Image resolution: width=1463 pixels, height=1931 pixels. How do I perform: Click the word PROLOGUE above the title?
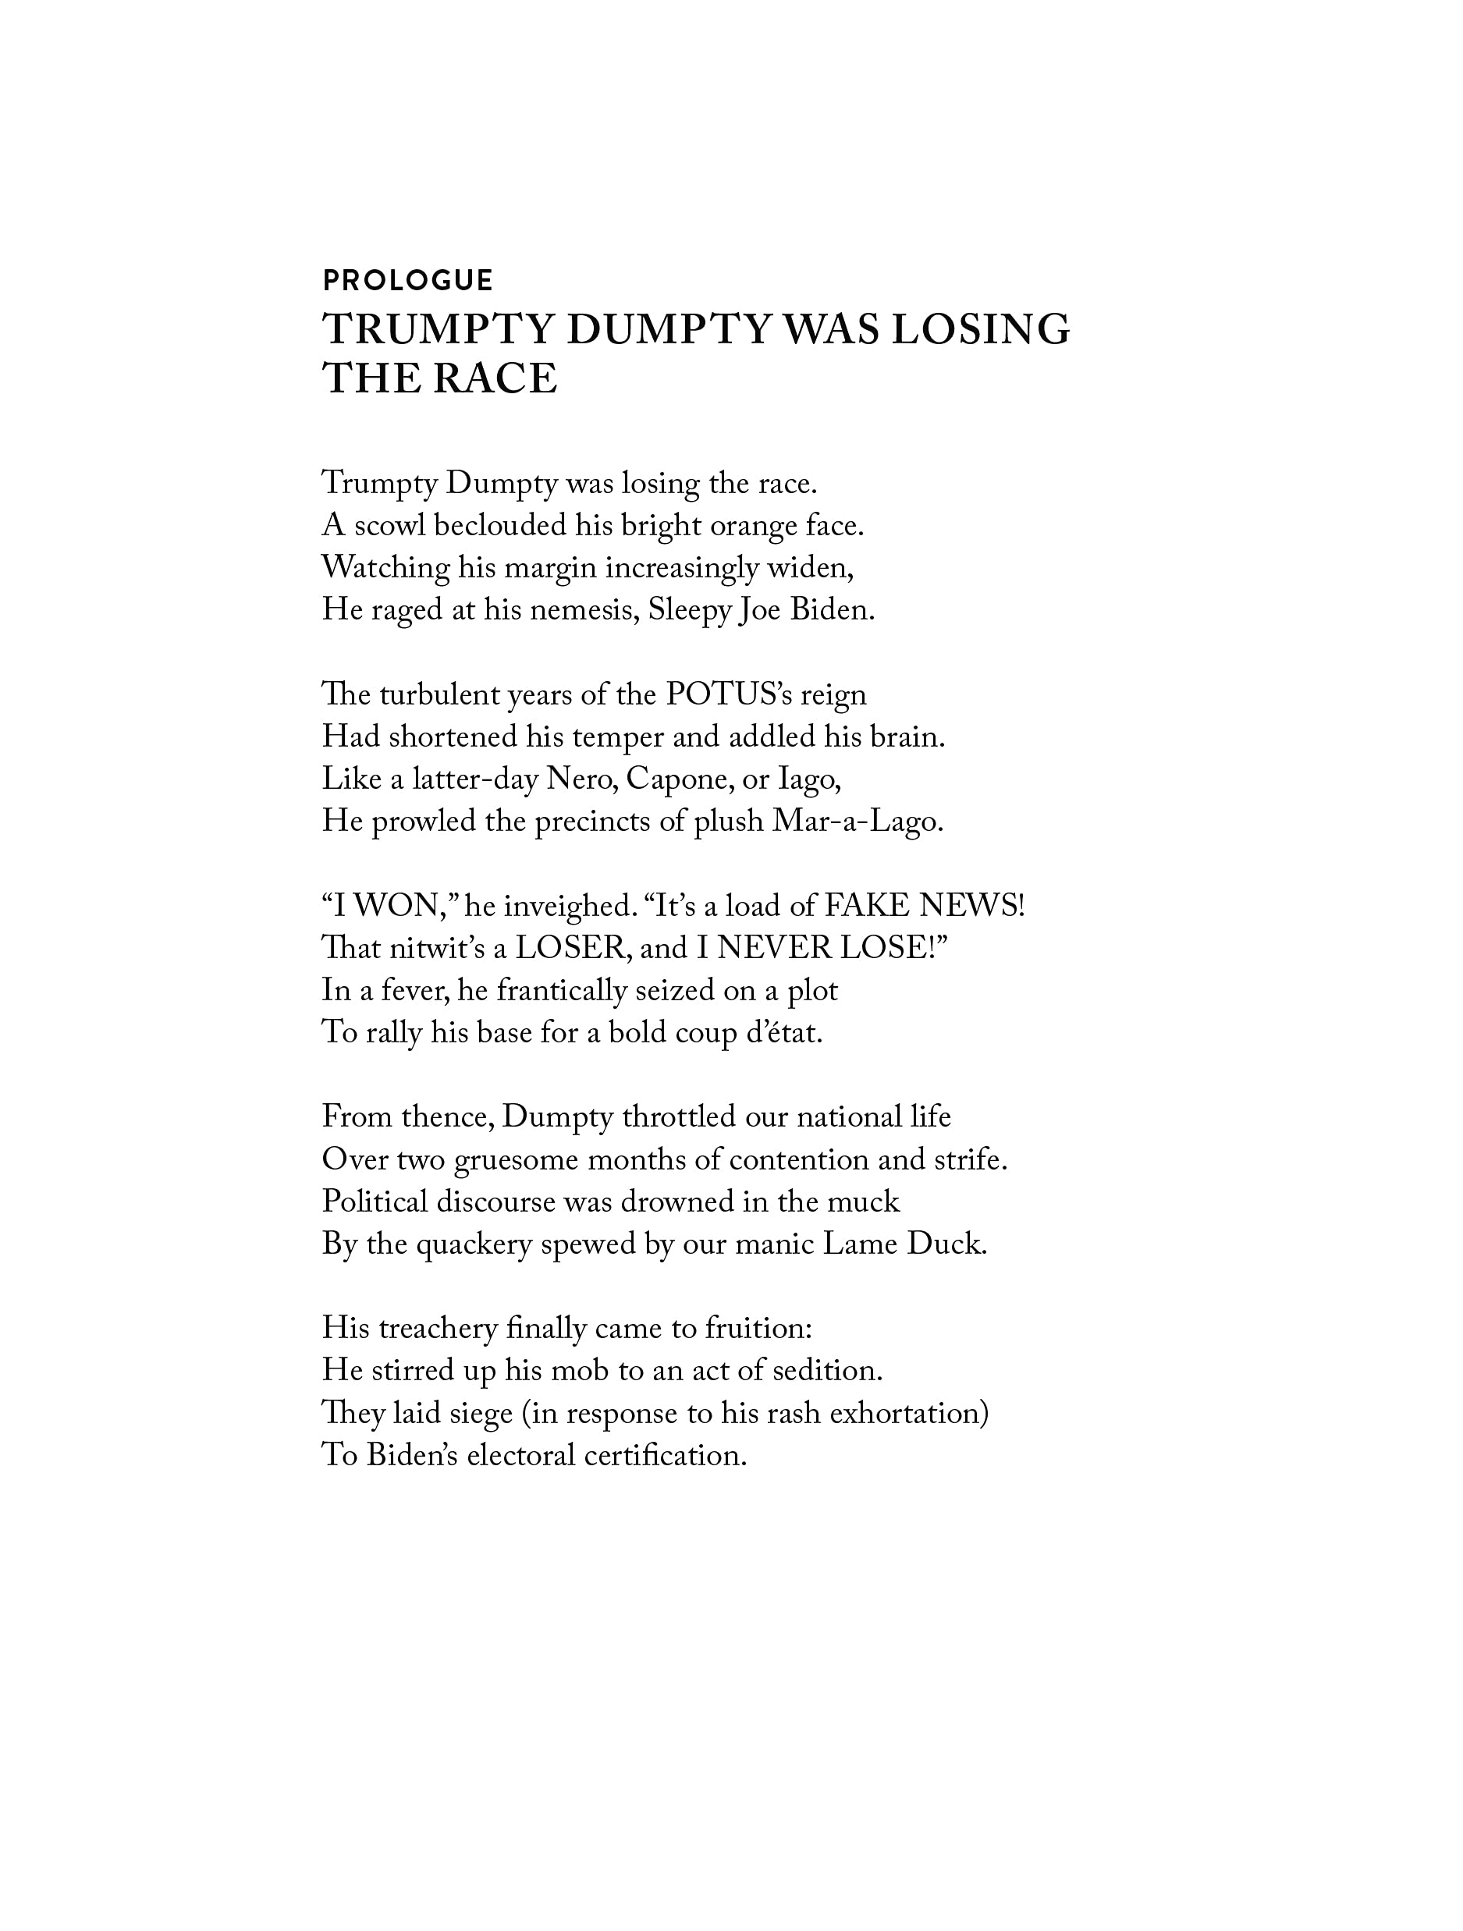tap(407, 280)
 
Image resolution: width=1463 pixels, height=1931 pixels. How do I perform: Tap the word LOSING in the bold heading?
tap(979, 330)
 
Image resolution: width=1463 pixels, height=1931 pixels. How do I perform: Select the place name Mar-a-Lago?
tap(858, 822)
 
